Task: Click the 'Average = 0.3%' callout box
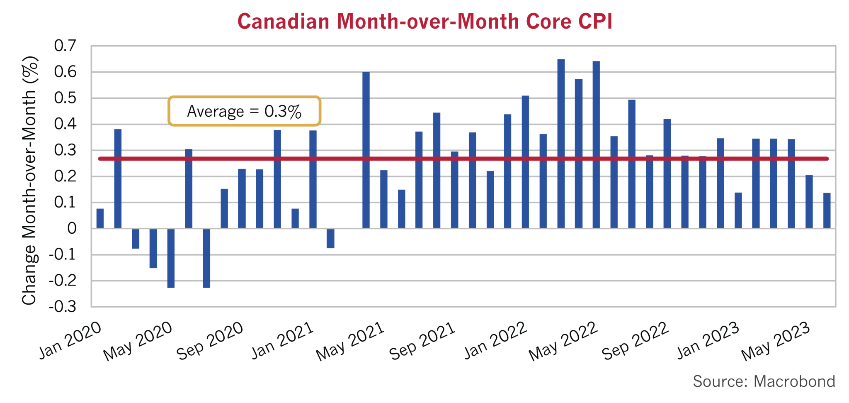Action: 244,111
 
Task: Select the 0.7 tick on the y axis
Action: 65,46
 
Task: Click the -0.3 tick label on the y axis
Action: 63,307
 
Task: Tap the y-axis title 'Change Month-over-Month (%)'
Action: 29,181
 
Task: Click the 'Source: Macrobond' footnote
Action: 764,381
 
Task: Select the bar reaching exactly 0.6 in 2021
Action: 366,149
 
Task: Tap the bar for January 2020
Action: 100,218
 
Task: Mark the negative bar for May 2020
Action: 171,258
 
